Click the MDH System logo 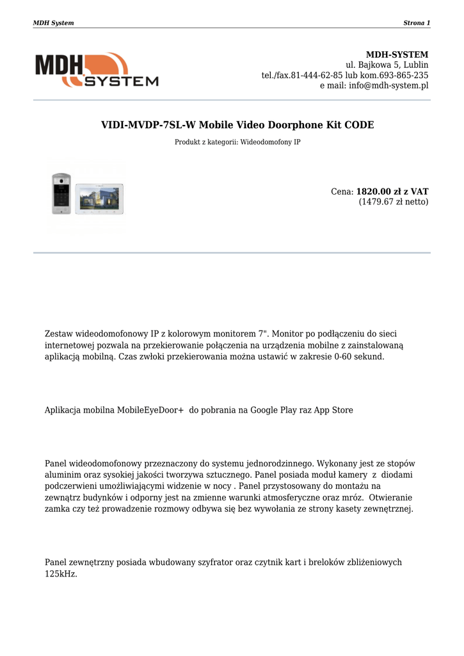coord(96,70)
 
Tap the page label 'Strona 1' coord(417,23)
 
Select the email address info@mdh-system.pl coord(388,86)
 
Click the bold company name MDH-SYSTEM coord(397,54)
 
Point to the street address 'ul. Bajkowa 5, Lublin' coord(387,65)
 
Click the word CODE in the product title coord(359,125)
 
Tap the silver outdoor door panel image coord(61,193)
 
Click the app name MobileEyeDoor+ coord(150,410)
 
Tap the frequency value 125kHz coord(60,574)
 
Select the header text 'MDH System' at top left coord(53,23)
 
